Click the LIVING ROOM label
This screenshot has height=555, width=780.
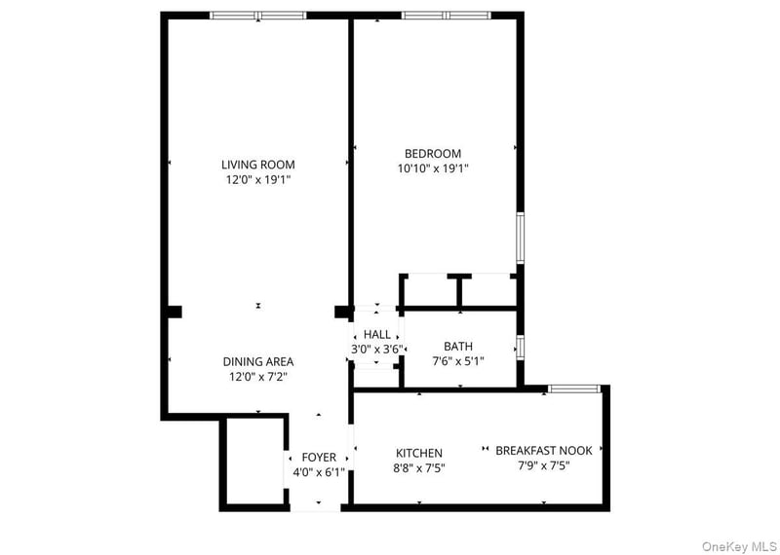257,165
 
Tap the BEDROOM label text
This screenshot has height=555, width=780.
433,153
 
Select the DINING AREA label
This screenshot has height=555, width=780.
257,361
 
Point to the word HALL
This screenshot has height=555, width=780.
377,334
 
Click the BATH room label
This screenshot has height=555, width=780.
458,346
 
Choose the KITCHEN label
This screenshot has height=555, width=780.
419,453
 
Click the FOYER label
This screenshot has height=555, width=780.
319,457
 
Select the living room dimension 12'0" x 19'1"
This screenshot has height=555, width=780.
257,179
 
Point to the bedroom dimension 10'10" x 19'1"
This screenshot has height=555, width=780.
433,167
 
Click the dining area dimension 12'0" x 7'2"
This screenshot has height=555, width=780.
257,376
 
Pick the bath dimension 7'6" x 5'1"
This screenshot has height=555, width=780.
458,360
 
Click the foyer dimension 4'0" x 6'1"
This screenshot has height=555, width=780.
319,471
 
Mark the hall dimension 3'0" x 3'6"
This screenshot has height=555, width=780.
377,348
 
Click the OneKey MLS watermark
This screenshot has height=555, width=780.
738,546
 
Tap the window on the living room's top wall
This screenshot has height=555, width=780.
258,16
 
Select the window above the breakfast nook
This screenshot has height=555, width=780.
573,389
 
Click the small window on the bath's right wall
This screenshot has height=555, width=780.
521,348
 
